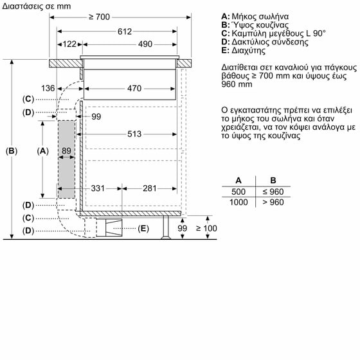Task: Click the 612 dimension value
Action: pyautogui.click(x=124, y=31)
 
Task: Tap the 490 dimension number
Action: pyautogui.click(x=145, y=44)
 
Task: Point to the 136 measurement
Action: pyautogui.click(x=66, y=88)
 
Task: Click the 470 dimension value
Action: pyautogui.click(x=133, y=88)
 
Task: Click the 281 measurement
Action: pyautogui.click(x=149, y=188)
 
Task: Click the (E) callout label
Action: pyautogui.click(x=143, y=228)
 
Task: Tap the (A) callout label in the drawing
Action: pyautogui.click(x=43, y=151)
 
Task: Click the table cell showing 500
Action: pyautogui.click(x=239, y=192)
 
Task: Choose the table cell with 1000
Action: pyautogui.click(x=239, y=202)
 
